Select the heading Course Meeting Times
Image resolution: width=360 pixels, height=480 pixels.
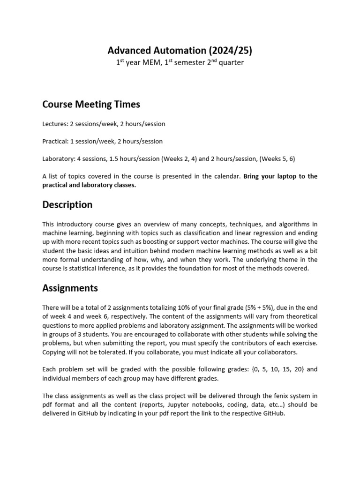(x=91, y=105)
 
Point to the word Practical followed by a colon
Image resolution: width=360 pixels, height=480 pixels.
(x=55, y=141)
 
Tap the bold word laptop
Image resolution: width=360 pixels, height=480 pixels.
(x=289, y=176)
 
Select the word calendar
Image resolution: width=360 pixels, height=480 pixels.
(x=227, y=176)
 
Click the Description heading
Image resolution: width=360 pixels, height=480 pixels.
(x=67, y=205)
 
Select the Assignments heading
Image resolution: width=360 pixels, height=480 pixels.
(x=70, y=288)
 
